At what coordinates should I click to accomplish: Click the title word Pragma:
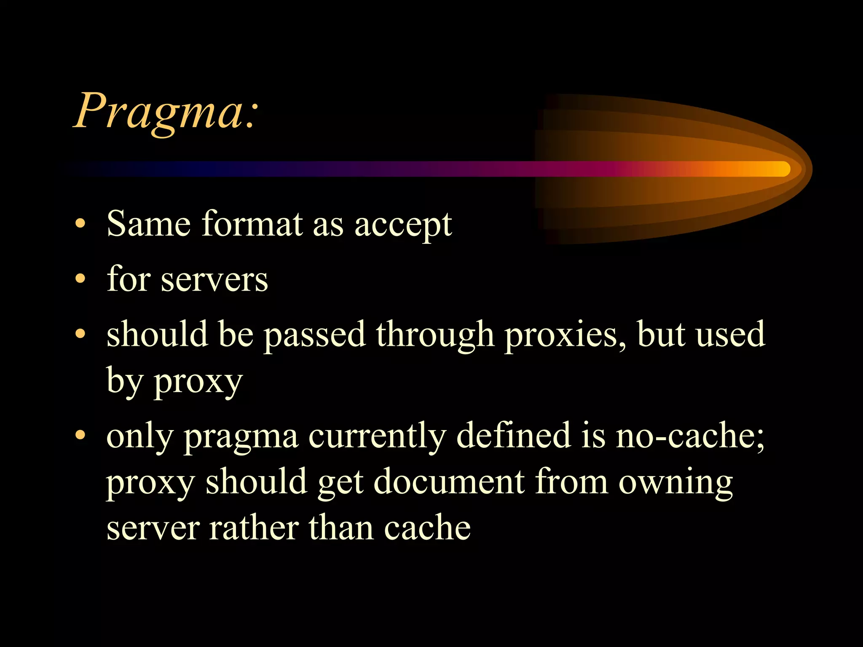pos(165,112)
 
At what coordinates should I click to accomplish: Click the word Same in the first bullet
pos(148,224)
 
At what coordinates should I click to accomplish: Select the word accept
pos(403,225)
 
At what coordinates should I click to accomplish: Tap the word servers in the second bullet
pos(214,280)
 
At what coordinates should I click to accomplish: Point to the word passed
pos(314,335)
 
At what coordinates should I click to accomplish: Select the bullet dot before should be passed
pos(80,334)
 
